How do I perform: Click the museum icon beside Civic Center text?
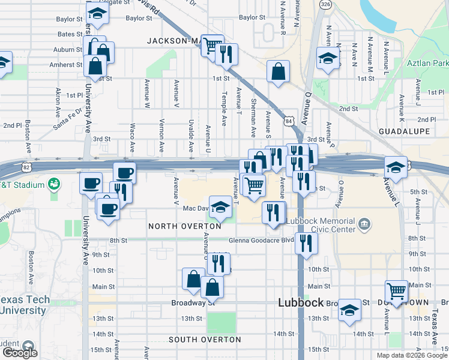pos(364,226)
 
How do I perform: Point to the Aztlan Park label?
pos(427,63)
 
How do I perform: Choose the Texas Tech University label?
pos(23,305)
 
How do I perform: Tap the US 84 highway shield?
pos(290,121)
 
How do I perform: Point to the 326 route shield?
pos(325,4)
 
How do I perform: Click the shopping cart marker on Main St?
pos(396,292)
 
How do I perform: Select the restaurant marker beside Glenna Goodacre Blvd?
pos(306,243)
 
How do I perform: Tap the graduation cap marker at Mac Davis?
pos(220,207)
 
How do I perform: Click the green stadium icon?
pos(53,184)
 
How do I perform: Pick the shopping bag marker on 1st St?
pos(279,72)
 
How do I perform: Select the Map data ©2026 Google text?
pos(411,355)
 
